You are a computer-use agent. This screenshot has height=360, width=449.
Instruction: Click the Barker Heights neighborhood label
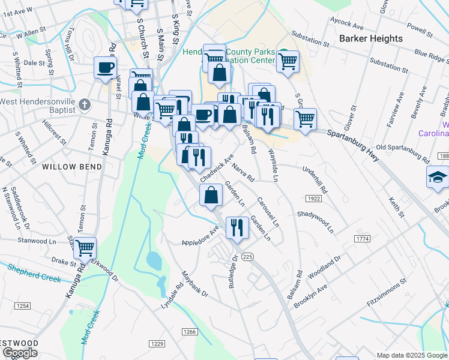370,38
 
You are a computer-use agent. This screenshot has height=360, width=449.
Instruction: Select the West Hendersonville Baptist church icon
84,103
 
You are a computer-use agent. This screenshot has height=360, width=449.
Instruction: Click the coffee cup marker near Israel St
105,67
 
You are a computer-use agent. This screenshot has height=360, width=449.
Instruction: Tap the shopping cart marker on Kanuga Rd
85,247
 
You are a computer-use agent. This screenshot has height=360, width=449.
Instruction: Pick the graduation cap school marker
438,176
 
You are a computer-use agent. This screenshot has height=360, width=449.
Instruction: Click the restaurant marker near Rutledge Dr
237,227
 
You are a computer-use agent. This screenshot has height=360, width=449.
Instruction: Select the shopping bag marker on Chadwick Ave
211,195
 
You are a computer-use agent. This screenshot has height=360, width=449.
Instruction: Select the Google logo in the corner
20,353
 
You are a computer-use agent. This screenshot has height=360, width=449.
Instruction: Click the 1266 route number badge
190,332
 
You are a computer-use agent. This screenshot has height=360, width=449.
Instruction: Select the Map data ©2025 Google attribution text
412,355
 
